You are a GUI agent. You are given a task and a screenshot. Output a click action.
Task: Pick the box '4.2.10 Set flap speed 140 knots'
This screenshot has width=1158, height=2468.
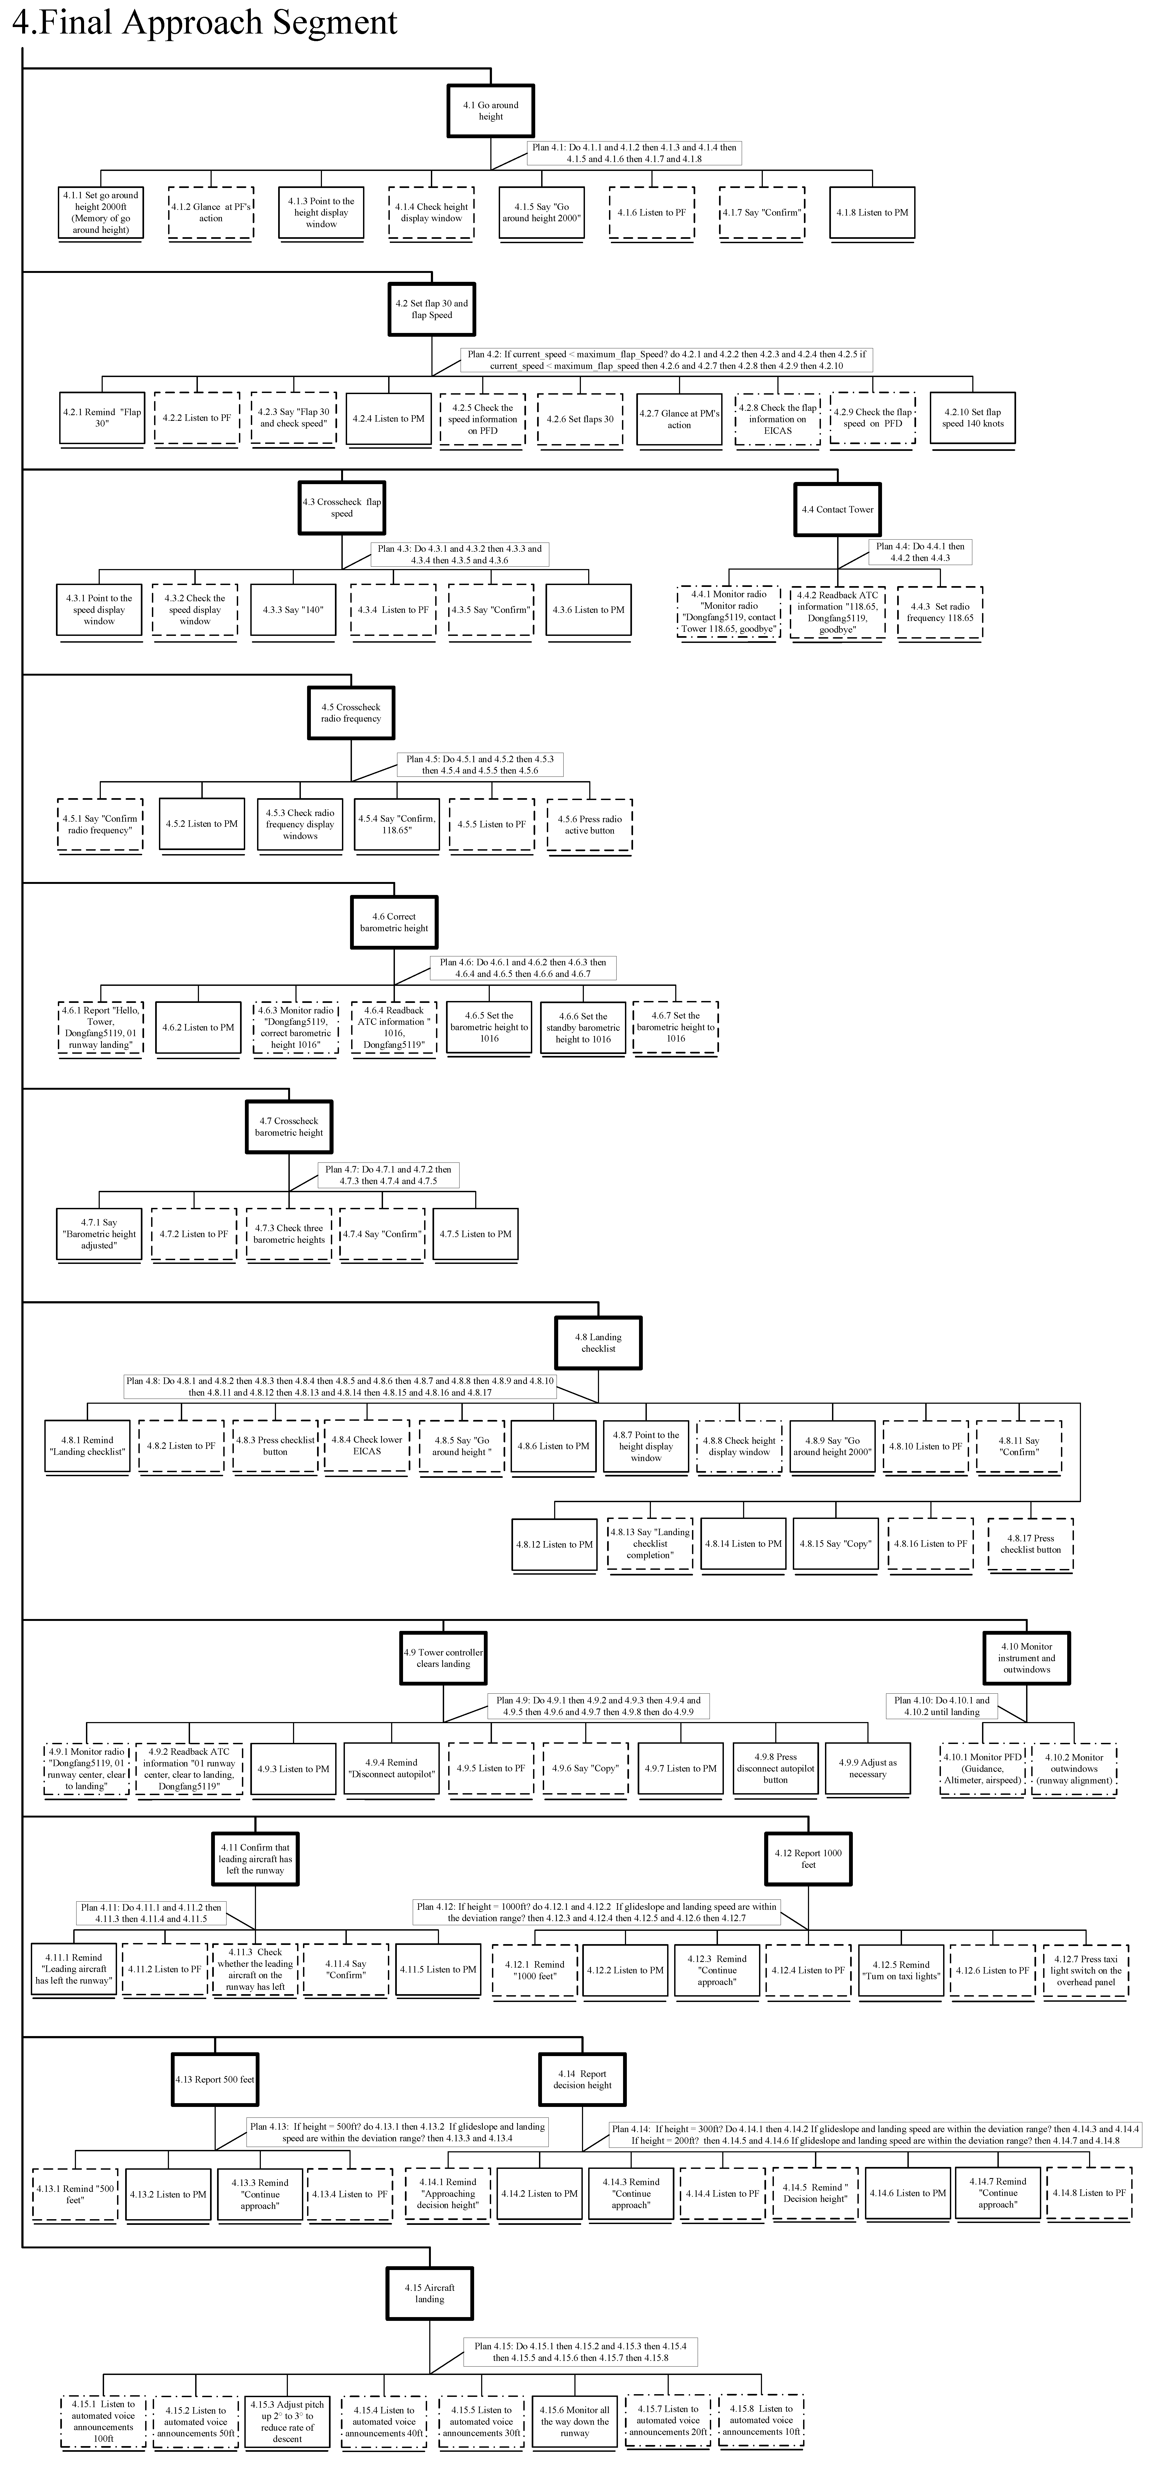(972, 419)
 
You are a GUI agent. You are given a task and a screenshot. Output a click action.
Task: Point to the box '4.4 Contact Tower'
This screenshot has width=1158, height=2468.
(837, 510)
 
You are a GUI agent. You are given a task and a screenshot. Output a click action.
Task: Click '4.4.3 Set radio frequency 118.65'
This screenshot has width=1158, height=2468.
(940, 612)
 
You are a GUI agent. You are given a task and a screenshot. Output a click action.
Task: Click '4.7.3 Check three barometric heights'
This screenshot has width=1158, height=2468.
(288, 1234)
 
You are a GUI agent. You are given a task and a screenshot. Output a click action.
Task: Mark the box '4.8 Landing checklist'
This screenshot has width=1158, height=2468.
(598, 1342)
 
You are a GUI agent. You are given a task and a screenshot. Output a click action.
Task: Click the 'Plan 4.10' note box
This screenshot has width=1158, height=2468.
(941, 1705)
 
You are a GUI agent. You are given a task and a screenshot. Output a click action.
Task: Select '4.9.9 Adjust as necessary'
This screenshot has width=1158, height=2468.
(867, 1769)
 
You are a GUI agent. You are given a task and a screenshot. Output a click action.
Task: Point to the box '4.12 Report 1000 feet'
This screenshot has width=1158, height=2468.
(807, 1859)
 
